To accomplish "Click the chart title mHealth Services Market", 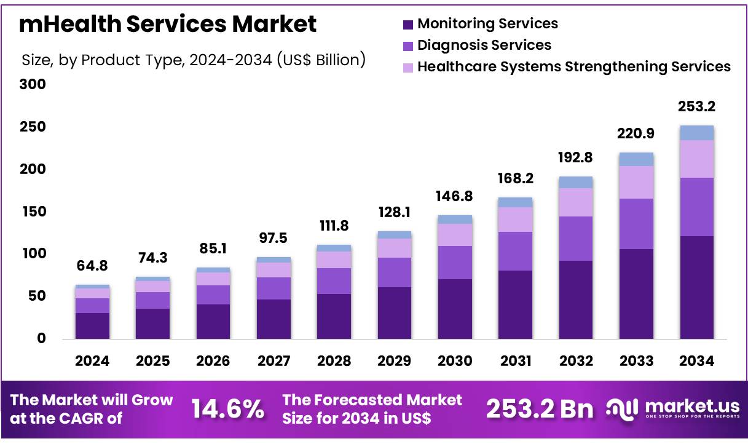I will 168,24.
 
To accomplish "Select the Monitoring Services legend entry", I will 487,24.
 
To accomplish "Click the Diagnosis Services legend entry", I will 484,45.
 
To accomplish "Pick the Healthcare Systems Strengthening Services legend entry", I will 573,66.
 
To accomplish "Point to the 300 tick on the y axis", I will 34,84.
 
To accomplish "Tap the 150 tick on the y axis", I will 34,212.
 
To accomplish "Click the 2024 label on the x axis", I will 92,361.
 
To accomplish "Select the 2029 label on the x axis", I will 394,361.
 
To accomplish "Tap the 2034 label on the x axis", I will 696,361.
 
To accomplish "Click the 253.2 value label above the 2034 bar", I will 696,107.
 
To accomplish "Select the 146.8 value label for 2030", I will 455,196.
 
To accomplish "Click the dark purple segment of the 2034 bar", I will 696,287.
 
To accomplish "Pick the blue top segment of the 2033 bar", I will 636,159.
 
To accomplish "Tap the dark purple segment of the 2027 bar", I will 274,319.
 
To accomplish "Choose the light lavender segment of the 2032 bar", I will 576,202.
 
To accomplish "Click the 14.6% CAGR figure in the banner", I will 228,409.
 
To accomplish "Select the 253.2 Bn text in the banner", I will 540,409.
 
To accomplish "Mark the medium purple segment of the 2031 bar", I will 515,251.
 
